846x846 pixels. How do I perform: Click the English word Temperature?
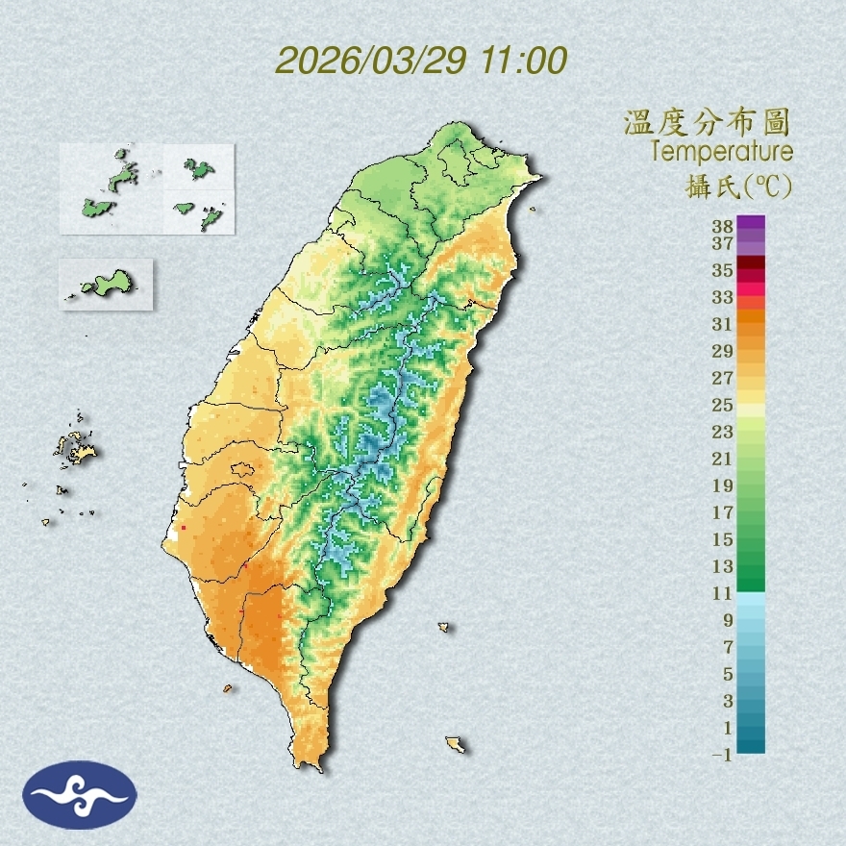click(x=722, y=152)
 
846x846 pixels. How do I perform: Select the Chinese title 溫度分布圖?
click(x=708, y=123)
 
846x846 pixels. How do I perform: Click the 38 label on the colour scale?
click(x=723, y=227)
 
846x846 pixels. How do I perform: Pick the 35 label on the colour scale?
click(x=723, y=270)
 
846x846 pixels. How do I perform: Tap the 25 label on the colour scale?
click(x=723, y=405)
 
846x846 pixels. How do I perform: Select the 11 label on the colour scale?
click(x=723, y=593)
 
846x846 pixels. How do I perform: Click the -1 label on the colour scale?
click(x=722, y=756)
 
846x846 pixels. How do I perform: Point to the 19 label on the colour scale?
click(x=723, y=485)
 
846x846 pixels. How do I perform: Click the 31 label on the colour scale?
click(x=723, y=324)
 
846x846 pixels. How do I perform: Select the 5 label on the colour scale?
click(x=728, y=674)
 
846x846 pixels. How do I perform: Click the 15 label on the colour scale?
click(x=723, y=539)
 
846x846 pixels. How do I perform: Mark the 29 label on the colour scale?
click(x=723, y=351)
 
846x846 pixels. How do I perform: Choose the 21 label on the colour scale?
click(x=723, y=459)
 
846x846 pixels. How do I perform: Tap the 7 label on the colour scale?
click(x=728, y=647)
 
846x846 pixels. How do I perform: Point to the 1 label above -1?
click(x=728, y=728)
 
